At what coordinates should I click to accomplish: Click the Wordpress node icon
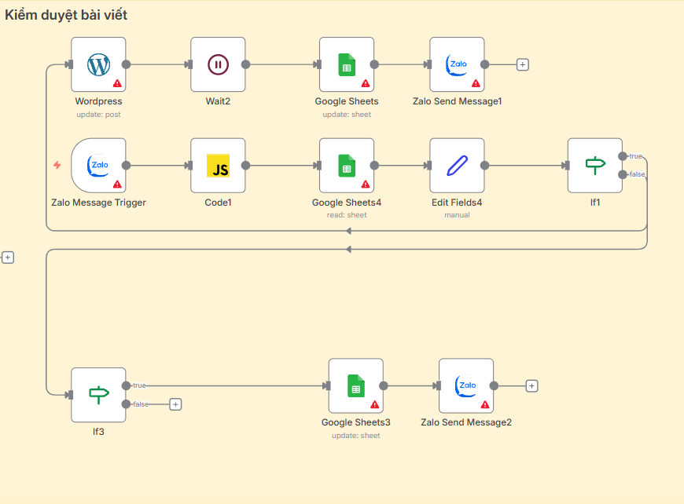98,64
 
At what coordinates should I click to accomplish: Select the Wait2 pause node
218,64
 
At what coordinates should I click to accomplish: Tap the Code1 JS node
218,166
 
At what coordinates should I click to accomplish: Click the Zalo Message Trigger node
98,166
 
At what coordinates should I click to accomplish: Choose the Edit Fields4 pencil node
457,166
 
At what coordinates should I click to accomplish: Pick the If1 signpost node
595,166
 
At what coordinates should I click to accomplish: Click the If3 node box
98,395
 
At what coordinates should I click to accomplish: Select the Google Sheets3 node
355,386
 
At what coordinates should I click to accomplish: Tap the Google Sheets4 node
347,166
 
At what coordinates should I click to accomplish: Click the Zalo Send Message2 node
466,386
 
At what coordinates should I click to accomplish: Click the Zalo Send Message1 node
457,64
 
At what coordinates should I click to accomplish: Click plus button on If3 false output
175,404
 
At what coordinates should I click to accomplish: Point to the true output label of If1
635,156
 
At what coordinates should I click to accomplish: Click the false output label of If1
637,174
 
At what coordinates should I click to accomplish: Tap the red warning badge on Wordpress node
117,82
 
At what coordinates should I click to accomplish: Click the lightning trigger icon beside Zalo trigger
57,166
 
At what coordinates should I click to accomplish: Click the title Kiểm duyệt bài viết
66,15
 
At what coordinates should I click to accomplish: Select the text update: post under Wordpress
98,115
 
